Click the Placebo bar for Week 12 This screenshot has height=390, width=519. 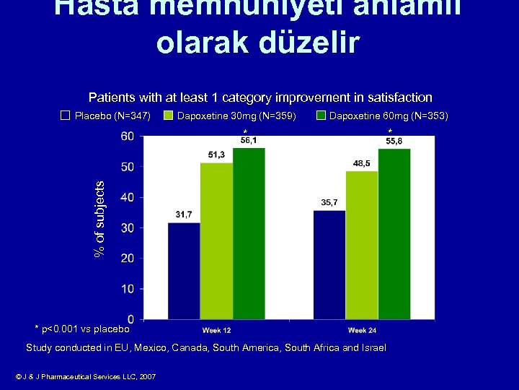[x=184, y=271]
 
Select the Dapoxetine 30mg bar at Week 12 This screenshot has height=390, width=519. [x=216, y=241]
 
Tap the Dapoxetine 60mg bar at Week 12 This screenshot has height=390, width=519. [x=249, y=233]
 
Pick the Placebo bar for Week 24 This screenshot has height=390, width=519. [x=329, y=265]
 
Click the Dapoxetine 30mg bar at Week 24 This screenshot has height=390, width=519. [x=362, y=246]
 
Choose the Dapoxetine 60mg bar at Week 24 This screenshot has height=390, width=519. [x=394, y=234]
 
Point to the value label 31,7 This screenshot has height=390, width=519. [x=184, y=214]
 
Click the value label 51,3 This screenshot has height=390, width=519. [x=216, y=155]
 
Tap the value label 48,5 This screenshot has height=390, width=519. [x=362, y=163]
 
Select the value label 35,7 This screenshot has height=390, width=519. [x=329, y=202]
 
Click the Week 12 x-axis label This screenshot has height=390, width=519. [x=216, y=330]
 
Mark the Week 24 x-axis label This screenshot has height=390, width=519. [x=362, y=330]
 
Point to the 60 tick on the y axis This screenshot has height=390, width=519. [x=126, y=136]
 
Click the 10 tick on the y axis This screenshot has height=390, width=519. [x=126, y=289]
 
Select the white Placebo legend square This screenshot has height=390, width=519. [x=66, y=116]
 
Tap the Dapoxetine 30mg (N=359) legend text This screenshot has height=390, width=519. [x=236, y=116]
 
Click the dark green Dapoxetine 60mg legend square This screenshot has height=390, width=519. [x=321, y=116]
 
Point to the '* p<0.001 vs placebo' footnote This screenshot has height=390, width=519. [x=82, y=329]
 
